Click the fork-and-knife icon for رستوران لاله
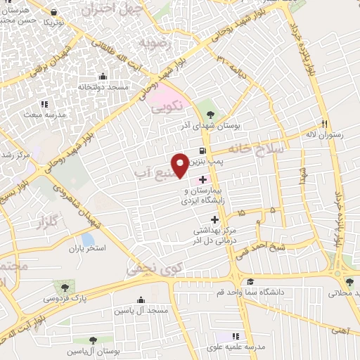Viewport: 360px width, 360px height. [324, 123]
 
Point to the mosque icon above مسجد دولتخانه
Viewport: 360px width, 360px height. [103, 77]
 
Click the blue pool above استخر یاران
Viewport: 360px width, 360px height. [88, 240]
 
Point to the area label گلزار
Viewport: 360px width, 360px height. [44, 224]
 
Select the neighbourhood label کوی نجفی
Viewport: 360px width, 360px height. [149, 268]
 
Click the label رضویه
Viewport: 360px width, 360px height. [155, 43]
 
